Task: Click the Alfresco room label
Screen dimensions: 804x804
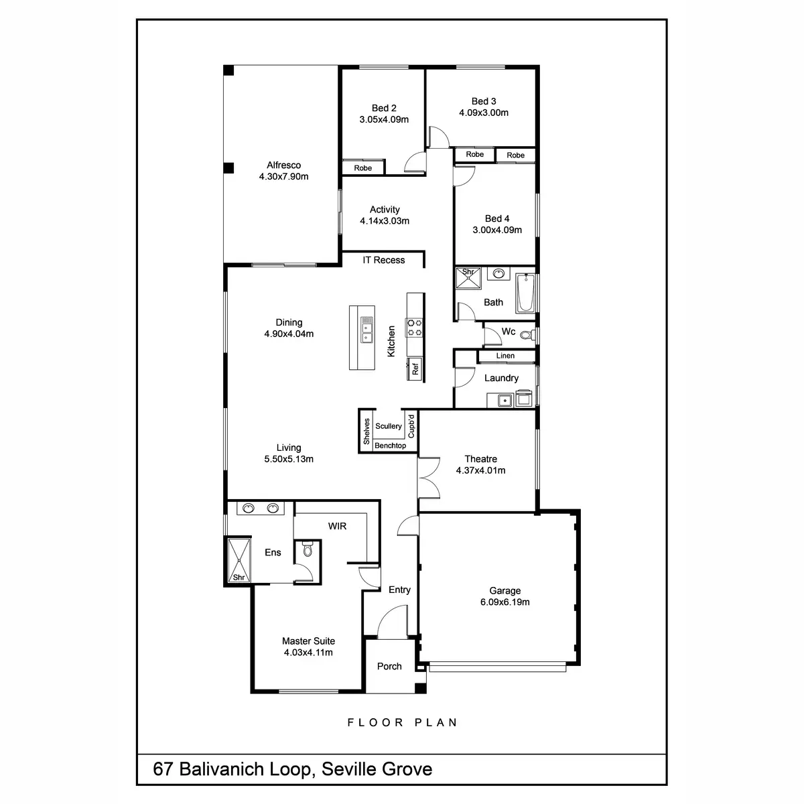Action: tap(283, 165)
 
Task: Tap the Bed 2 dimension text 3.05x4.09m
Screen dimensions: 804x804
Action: tap(384, 120)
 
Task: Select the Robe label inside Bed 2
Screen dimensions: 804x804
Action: tap(363, 168)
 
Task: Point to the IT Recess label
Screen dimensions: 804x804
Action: tap(384, 260)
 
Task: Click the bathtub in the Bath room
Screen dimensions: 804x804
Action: tap(526, 293)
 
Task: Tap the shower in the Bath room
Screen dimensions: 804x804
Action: tap(468, 278)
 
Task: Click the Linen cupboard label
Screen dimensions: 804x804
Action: tap(506, 356)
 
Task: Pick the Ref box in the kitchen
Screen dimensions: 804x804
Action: tap(415, 368)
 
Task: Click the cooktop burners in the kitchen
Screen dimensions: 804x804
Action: tap(415, 326)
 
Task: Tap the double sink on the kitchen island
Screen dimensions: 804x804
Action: tap(366, 330)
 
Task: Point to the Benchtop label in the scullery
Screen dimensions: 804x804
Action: tap(390, 446)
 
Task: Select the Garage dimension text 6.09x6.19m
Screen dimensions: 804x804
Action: tap(505, 602)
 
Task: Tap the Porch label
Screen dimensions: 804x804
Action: tap(389, 666)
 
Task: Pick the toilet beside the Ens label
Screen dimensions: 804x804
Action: tap(308, 550)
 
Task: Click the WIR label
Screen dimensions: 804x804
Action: tap(337, 526)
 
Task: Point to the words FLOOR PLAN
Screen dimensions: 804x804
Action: tap(402, 722)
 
